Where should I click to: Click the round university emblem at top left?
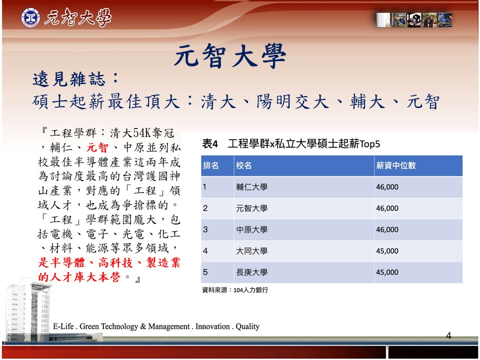(30, 18)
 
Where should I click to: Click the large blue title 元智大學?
(230, 55)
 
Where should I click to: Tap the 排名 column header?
(211, 165)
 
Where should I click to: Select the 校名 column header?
(243, 165)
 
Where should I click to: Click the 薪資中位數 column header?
(396, 165)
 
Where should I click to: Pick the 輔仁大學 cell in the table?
(251, 187)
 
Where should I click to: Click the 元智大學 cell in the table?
(251, 208)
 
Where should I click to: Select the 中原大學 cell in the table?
(251, 229)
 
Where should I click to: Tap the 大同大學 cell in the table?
(251, 251)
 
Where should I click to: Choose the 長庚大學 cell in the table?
(251, 272)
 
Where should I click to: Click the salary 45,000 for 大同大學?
(387, 251)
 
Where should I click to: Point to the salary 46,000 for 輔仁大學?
(387, 187)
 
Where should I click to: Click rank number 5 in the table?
(205, 272)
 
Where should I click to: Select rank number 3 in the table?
(205, 229)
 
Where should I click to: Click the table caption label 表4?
(209, 143)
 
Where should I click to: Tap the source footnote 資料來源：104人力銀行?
(235, 290)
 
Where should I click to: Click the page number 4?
(448, 336)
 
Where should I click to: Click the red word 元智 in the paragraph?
(97, 147)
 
